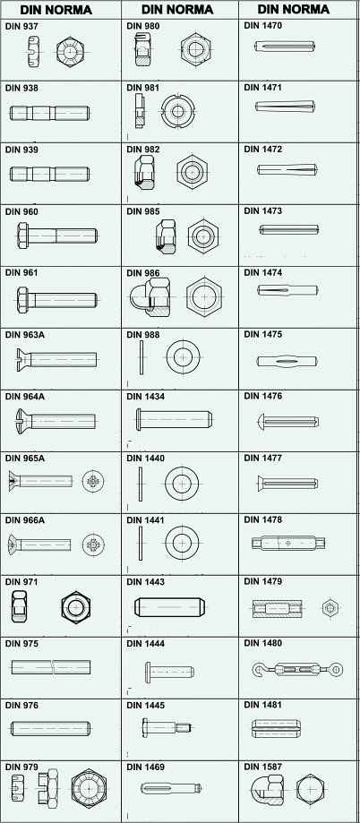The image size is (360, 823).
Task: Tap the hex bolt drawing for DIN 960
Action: coord(56,236)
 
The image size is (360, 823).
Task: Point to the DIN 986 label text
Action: coord(142,273)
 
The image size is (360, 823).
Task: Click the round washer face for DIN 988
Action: coord(184,357)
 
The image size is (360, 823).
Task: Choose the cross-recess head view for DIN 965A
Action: coord(93,481)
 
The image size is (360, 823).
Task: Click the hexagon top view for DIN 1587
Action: coord(310,789)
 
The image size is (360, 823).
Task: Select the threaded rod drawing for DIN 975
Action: coord(51,666)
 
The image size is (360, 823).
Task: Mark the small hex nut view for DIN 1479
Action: coord(330,608)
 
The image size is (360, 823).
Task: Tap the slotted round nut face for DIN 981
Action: coord(178,111)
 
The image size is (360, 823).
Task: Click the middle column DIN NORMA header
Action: coord(177,10)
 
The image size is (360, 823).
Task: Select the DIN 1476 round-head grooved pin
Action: coord(288,421)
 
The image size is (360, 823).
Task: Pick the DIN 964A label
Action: coord(25,397)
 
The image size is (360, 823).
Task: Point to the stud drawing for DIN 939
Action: coord(50,174)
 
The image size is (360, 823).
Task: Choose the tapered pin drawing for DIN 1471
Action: coord(285,107)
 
